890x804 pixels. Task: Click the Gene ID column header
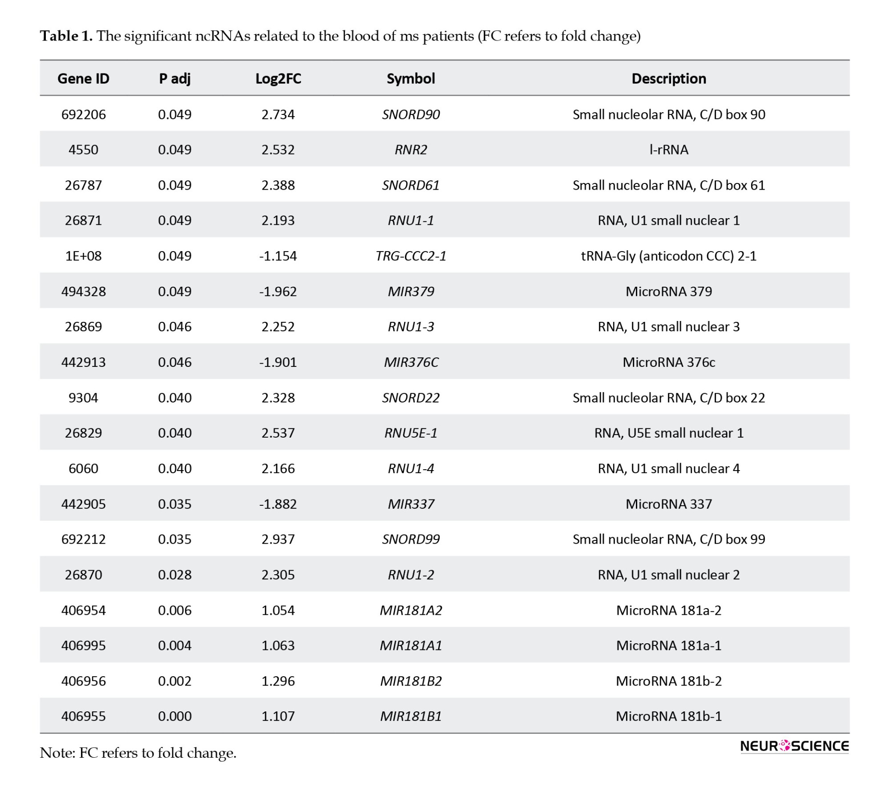(x=83, y=79)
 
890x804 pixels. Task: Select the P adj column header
(x=174, y=79)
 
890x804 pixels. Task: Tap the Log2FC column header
(x=278, y=79)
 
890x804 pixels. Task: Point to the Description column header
(x=668, y=79)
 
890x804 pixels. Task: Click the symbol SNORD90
(x=411, y=114)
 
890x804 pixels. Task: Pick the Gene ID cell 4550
(x=83, y=150)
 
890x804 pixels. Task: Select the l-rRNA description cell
(x=668, y=150)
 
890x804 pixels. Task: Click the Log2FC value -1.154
(x=278, y=256)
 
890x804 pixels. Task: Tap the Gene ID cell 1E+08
(x=83, y=256)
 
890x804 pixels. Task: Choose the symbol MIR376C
(x=411, y=362)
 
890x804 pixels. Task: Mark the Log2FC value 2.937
(x=278, y=539)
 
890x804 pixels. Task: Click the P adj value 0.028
(x=174, y=575)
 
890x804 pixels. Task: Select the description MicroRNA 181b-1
(x=668, y=716)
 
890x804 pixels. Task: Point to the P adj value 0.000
(x=174, y=716)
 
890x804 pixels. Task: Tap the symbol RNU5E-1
(x=411, y=433)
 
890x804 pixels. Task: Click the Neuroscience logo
(x=794, y=746)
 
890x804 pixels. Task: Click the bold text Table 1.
(x=66, y=36)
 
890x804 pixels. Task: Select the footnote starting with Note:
(x=138, y=753)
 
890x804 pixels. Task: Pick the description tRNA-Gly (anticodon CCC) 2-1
(x=668, y=256)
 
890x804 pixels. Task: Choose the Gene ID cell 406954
(x=83, y=610)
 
